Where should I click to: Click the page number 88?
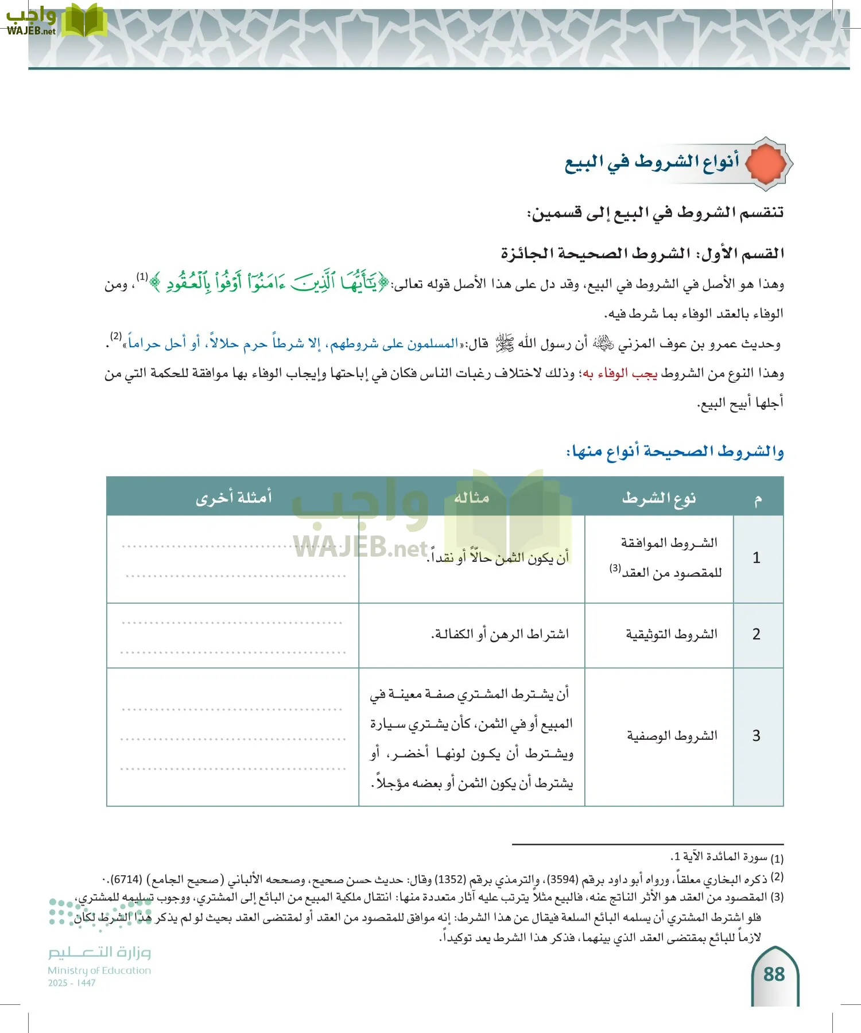click(x=774, y=974)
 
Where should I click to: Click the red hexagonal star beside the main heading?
click(x=767, y=164)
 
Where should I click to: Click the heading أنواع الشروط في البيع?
click(x=651, y=163)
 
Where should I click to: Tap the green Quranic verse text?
click(x=269, y=283)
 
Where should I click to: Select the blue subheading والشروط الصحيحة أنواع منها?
click(x=675, y=452)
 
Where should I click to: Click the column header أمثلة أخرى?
click(x=233, y=497)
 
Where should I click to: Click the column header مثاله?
click(x=471, y=497)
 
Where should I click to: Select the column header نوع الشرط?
click(x=659, y=498)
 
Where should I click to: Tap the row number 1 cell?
click(x=757, y=558)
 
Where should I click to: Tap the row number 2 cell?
click(x=757, y=634)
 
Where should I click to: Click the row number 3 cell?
click(x=757, y=736)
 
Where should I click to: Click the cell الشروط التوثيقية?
click(x=672, y=634)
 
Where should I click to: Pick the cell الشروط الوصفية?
click(x=672, y=736)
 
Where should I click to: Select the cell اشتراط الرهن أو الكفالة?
click(x=500, y=634)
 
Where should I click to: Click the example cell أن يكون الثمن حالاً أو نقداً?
click(x=498, y=558)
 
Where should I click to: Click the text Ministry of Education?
click(x=99, y=970)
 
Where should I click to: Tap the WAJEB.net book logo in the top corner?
click(x=84, y=22)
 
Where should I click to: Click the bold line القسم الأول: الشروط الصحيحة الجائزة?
click(x=642, y=253)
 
